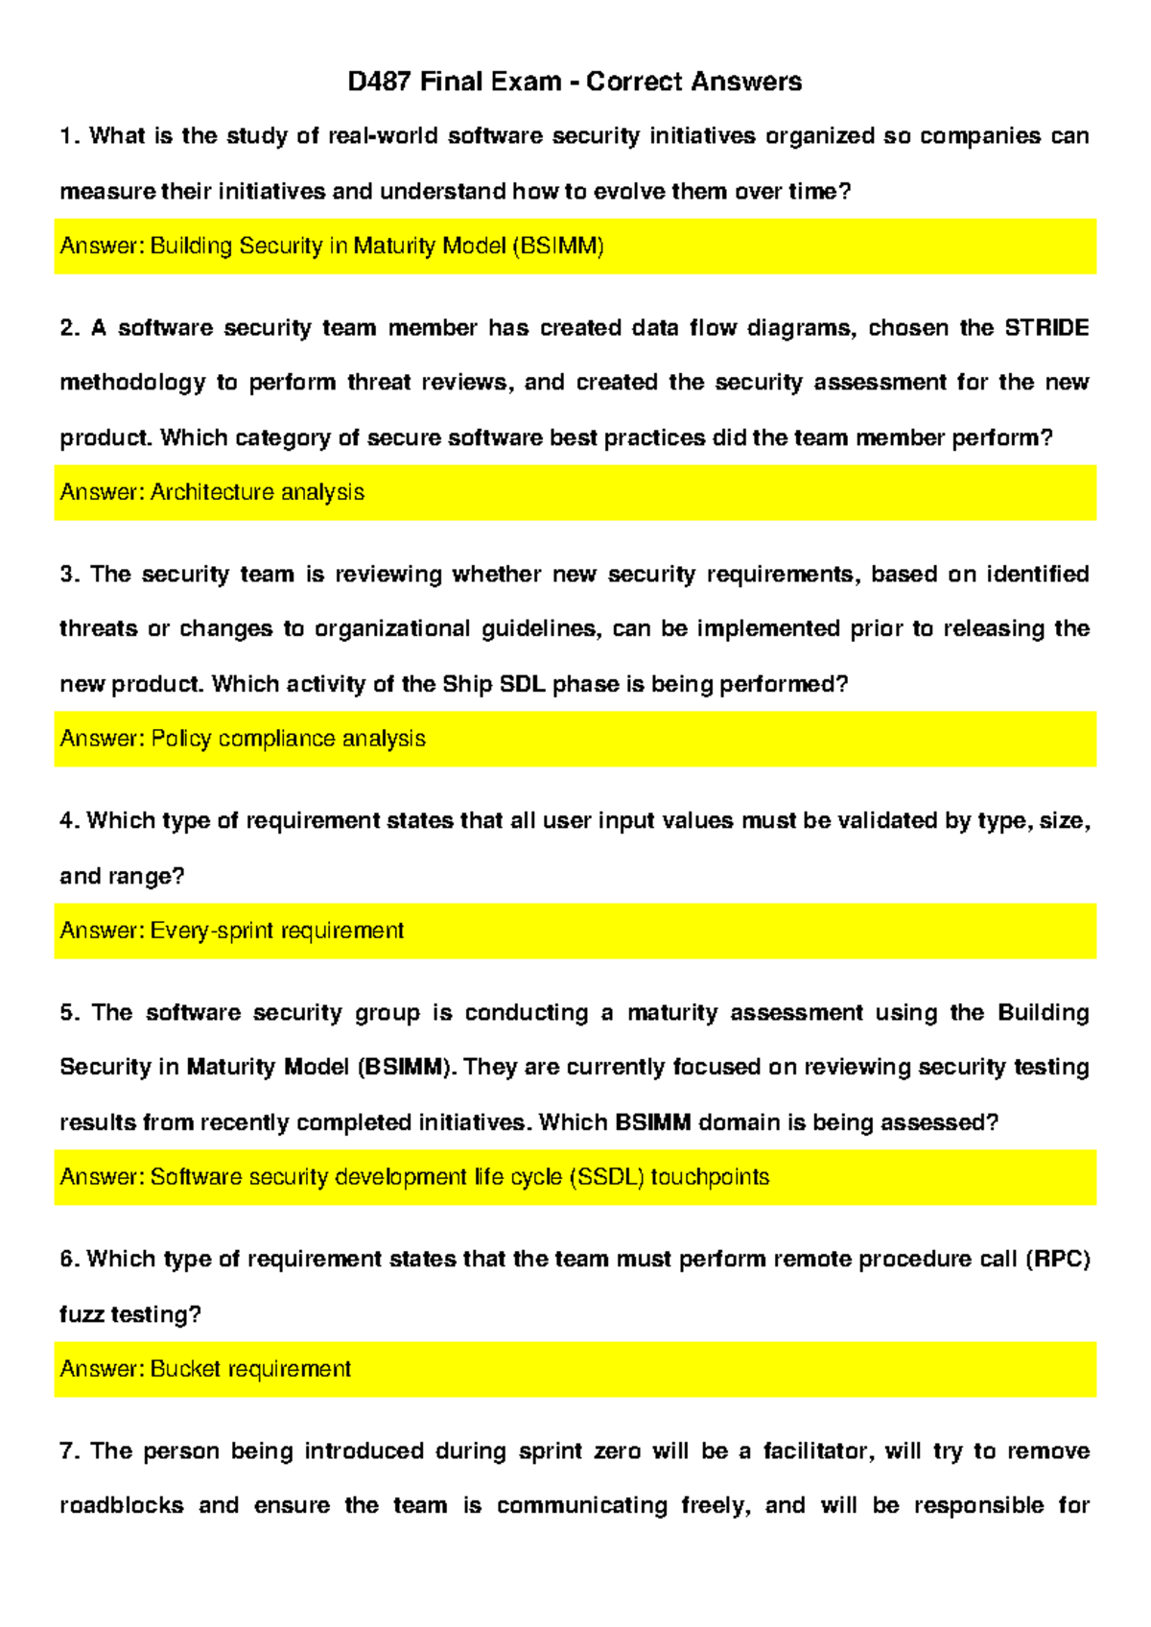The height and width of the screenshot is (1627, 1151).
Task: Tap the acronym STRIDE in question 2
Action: (1045, 328)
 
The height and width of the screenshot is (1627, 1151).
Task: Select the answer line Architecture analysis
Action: (256, 492)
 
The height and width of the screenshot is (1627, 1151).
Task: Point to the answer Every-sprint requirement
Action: (276, 931)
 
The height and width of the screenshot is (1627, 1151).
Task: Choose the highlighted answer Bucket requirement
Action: (250, 1369)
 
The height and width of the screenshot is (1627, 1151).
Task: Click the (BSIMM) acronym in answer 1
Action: (558, 247)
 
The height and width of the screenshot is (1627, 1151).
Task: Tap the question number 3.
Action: (69, 575)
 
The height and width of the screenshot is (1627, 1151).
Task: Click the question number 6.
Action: (69, 1260)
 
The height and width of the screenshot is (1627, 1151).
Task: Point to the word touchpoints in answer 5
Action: (710, 1177)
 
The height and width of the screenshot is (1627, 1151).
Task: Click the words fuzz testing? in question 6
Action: (129, 1314)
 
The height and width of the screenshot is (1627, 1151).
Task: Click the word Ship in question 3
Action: (467, 684)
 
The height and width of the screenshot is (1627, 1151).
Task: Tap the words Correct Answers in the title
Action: (693, 82)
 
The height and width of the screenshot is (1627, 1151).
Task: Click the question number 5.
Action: (69, 1013)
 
